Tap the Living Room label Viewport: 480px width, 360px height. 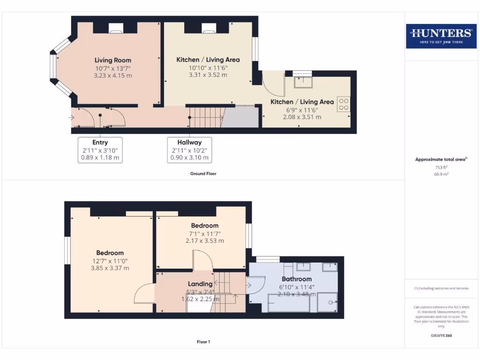[113, 60]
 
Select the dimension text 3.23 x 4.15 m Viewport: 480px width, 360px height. [113, 75]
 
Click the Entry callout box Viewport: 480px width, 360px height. [100, 150]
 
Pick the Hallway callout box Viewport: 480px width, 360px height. [189, 150]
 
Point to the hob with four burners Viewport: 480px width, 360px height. [344, 104]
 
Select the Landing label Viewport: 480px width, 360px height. [200, 284]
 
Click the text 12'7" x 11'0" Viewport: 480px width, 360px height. [110, 261]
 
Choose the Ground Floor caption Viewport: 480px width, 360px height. [203, 173]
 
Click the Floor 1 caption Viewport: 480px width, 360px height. [203, 342]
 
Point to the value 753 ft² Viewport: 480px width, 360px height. [441, 167]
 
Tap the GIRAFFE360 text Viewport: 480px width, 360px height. [441, 336]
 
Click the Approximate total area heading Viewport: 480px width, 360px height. [441, 159]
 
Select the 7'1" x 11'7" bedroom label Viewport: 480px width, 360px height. [205, 233]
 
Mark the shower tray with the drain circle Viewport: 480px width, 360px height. [328, 302]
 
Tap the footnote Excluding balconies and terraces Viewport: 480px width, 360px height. [441, 288]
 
